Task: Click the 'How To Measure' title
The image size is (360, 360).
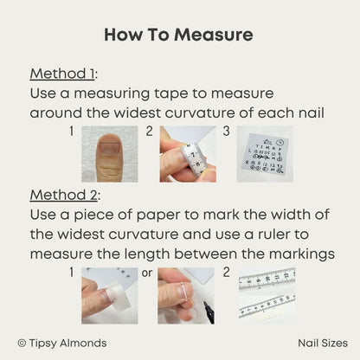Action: pyautogui.click(x=178, y=35)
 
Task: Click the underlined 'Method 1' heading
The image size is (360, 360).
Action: pyautogui.click(x=62, y=74)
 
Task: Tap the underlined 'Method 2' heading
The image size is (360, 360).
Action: pyautogui.click(x=63, y=195)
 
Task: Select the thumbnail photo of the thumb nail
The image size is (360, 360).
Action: pyautogui.click(x=110, y=154)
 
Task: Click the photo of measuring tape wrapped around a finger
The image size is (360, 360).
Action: pyautogui.click(x=188, y=154)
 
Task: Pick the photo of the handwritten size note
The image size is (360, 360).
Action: pyautogui.click(x=265, y=154)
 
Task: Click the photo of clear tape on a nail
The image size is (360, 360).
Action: pyautogui.click(x=110, y=296)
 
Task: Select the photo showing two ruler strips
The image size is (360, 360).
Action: pyautogui.click(x=267, y=296)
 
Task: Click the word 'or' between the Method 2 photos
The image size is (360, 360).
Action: pyautogui.click(x=147, y=273)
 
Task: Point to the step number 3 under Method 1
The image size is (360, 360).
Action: pyautogui.click(x=227, y=132)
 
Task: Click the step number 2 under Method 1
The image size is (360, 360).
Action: pyautogui.click(x=149, y=132)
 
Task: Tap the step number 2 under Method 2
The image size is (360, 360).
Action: pyautogui.click(x=227, y=273)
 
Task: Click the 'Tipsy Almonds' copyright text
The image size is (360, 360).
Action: pyautogui.click(x=67, y=344)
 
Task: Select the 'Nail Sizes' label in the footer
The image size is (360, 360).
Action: pyautogui.click(x=323, y=344)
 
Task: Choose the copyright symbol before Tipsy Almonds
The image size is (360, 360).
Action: pyautogui.click(x=22, y=344)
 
